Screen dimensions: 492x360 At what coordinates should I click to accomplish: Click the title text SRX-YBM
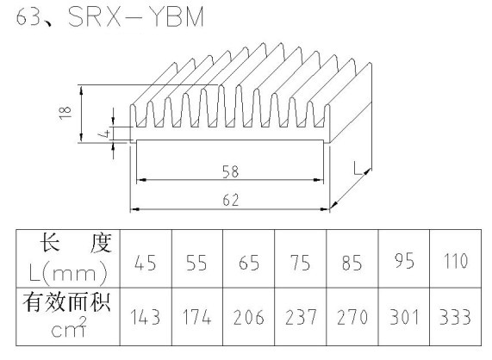pyautogui.click(x=136, y=16)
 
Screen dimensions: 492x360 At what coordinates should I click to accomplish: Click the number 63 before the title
pyautogui.click(x=28, y=16)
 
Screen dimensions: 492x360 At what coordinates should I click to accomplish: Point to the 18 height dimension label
pyautogui.click(x=65, y=113)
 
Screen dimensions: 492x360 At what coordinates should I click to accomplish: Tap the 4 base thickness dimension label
pyautogui.click(x=106, y=133)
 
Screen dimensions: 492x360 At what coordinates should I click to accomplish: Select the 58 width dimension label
pyautogui.click(x=230, y=172)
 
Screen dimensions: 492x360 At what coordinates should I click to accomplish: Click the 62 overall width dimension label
pyautogui.click(x=231, y=201)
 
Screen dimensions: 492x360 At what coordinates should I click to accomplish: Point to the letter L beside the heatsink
pyautogui.click(x=358, y=168)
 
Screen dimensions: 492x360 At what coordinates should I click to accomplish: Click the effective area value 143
pyautogui.click(x=146, y=317)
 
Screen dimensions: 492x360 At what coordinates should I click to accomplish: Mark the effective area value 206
pyautogui.click(x=249, y=317)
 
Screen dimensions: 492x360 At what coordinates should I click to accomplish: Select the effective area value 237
pyautogui.click(x=301, y=317)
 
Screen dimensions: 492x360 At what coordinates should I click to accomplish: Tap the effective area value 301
pyautogui.click(x=404, y=317)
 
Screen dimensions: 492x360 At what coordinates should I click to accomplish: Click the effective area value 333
pyautogui.click(x=455, y=317)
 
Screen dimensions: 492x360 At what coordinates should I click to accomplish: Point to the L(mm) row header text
pyautogui.click(x=68, y=273)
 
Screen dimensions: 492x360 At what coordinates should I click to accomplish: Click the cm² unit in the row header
pyautogui.click(x=69, y=328)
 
